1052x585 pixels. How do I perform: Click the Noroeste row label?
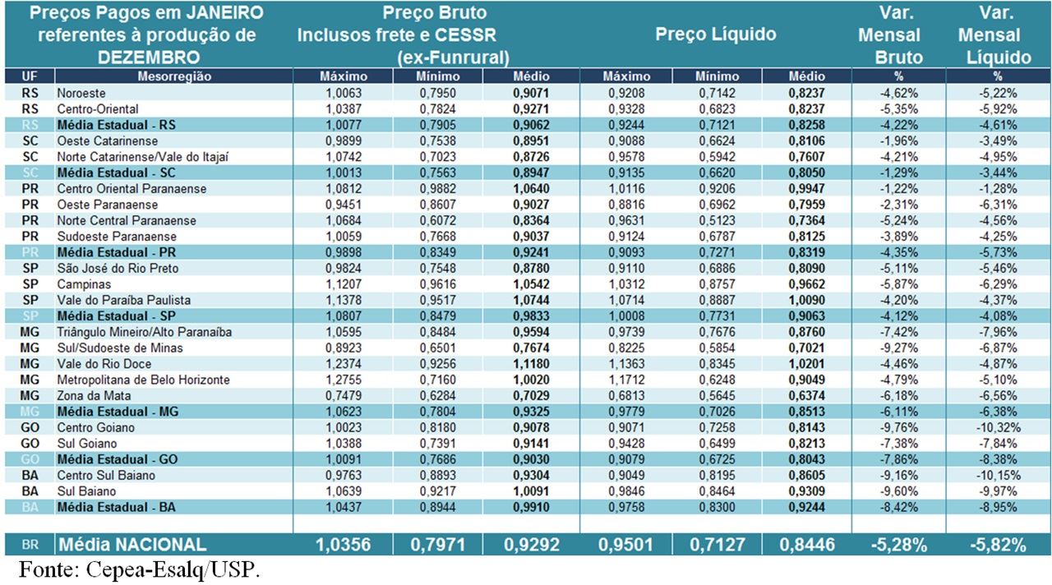pyautogui.click(x=81, y=93)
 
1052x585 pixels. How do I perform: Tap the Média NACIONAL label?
pyautogui.click(x=131, y=544)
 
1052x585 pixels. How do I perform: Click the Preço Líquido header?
pyautogui.click(x=716, y=35)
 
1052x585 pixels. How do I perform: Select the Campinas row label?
pyautogui.click(x=84, y=284)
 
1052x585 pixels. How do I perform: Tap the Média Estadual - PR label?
pyautogui.click(x=118, y=252)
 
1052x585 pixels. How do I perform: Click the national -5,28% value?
pyautogui.click(x=899, y=544)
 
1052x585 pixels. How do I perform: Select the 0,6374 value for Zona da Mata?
pyautogui.click(x=806, y=396)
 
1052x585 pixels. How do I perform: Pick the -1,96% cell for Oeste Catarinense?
pyautogui.click(x=902, y=140)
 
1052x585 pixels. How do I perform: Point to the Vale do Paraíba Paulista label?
pyautogui.click(x=123, y=300)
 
